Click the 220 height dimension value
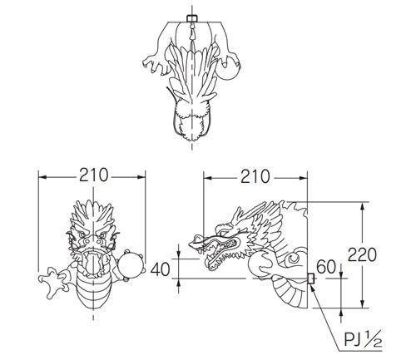coord(362,254)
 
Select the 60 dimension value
coord(326,267)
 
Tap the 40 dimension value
coord(160,269)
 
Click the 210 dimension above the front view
coord(93,175)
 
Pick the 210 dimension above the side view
coord(255,176)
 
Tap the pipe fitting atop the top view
coord(192,18)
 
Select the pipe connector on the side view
coord(310,279)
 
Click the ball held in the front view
coord(131,265)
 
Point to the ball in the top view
coord(228,68)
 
